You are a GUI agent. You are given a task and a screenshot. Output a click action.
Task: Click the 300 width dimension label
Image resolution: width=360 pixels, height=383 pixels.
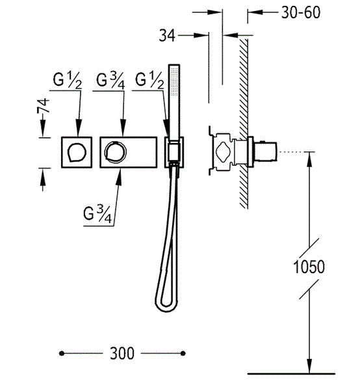pos(122,353)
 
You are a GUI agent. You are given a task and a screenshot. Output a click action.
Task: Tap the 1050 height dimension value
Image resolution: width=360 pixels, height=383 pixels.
pos(309,267)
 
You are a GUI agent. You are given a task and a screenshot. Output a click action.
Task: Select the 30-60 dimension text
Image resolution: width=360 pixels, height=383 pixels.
pos(301,12)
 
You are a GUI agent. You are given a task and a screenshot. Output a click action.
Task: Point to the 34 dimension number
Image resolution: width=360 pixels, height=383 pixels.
pos(167,35)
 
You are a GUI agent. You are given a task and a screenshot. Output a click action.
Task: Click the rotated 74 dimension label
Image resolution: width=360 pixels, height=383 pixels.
pos(43,105)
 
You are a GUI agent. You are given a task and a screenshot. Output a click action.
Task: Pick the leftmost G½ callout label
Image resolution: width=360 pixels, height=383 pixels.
pos(68,80)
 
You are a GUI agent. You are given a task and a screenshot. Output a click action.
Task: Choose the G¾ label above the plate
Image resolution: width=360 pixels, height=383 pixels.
pos(110,80)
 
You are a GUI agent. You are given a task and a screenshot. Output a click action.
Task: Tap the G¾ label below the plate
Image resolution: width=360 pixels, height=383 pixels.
pos(97,214)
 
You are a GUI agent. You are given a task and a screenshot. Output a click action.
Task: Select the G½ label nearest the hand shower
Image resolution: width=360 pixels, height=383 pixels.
pos(149,80)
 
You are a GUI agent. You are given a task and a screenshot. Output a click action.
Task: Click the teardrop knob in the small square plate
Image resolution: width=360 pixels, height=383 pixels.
pos(77,152)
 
